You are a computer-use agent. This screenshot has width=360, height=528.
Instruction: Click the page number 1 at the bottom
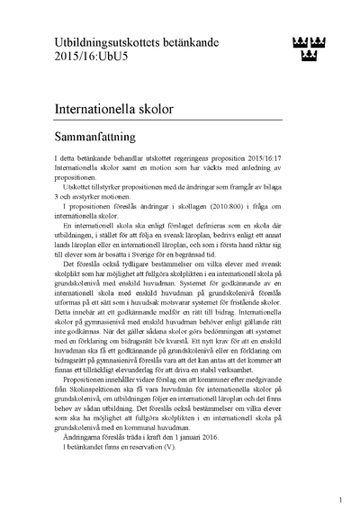click(x=339, y=498)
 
